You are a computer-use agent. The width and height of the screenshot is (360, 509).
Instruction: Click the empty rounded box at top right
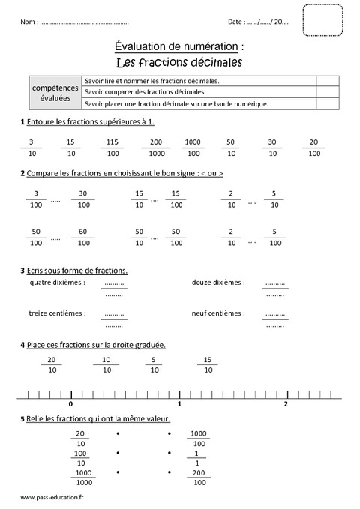coord(322,20)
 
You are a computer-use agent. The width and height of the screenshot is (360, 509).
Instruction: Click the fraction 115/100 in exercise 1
coord(112,147)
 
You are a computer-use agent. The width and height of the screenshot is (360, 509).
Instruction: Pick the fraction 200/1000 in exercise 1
coord(155,147)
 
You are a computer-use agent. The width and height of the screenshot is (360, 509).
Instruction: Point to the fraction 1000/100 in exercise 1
coord(193,147)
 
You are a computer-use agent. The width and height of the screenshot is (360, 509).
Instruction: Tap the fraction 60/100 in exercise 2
coord(83,237)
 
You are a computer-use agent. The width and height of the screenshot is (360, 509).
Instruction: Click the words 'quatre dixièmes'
coord(56,283)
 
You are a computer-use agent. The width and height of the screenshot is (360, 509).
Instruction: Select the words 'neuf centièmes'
coord(217,313)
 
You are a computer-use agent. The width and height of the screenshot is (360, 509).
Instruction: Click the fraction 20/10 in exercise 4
coord(51,364)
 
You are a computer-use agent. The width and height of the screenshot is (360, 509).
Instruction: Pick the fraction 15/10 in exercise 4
coord(208,364)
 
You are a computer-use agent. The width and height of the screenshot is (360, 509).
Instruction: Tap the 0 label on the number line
coord(70,403)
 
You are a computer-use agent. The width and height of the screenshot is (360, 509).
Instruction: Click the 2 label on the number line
coord(286,403)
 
